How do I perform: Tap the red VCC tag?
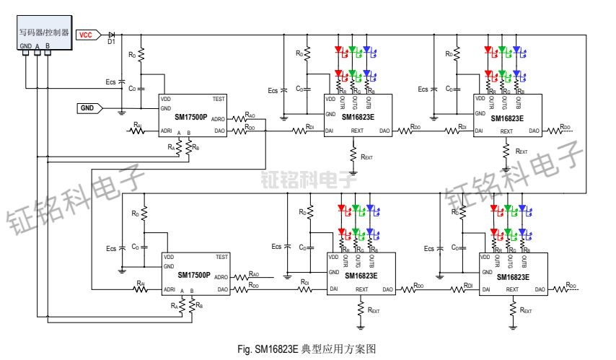tap(85, 34)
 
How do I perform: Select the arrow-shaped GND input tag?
tap(89, 107)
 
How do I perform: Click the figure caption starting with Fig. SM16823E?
tap(307, 348)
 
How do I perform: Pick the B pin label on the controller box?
tap(48, 45)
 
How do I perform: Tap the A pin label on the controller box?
tap(37, 45)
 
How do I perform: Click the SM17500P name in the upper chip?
tap(193, 115)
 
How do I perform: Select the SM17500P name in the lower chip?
tap(194, 275)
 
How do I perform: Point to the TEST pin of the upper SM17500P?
tap(221, 99)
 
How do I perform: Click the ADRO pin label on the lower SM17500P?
tap(221, 277)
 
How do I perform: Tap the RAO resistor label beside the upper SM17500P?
tap(250, 114)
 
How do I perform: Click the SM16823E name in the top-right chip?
tap(506, 117)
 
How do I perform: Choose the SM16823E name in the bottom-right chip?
tap(511, 276)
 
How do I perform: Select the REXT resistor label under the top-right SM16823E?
tap(522, 152)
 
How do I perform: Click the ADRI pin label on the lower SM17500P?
tap(170, 289)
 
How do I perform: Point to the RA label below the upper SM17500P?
tap(172, 146)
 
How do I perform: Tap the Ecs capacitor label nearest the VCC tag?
tap(110, 82)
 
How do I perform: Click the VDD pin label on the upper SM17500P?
tap(166, 99)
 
